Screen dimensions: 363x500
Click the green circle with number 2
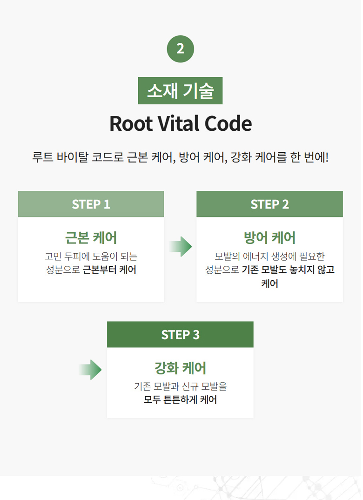tap(181, 49)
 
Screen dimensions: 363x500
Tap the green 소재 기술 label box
tap(180, 91)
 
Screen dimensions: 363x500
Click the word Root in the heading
tap(131, 123)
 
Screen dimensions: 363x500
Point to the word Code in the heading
tap(228, 123)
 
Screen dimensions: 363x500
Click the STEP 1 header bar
tap(91, 204)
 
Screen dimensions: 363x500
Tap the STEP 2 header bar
tap(269, 204)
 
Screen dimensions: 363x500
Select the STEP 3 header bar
tap(181, 335)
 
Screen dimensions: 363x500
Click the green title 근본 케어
tap(91, 237)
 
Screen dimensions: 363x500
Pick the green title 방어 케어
tap(269, 237)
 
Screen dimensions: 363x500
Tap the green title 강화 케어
tap(181, 368)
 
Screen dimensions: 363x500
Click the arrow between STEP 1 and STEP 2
tap(181, 246)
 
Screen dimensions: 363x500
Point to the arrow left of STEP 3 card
tap(90, 370)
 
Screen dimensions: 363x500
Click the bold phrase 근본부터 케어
tap(109, 270)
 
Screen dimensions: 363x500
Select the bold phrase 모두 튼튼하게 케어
tap(181, 399)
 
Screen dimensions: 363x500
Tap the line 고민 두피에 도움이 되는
tap(91, 257)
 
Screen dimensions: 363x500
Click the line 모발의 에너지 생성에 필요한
tap(269, 257)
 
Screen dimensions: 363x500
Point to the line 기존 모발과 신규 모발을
tap(181, 386)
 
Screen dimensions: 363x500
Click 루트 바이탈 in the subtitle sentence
tap(60, 157)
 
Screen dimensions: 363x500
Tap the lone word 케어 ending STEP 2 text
tap(269, 284)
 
